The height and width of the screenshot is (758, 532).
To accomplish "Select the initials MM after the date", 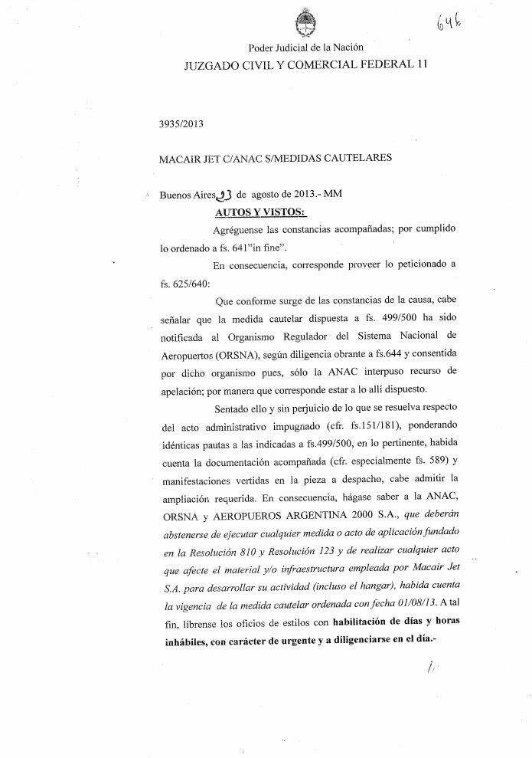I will (332, 195).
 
